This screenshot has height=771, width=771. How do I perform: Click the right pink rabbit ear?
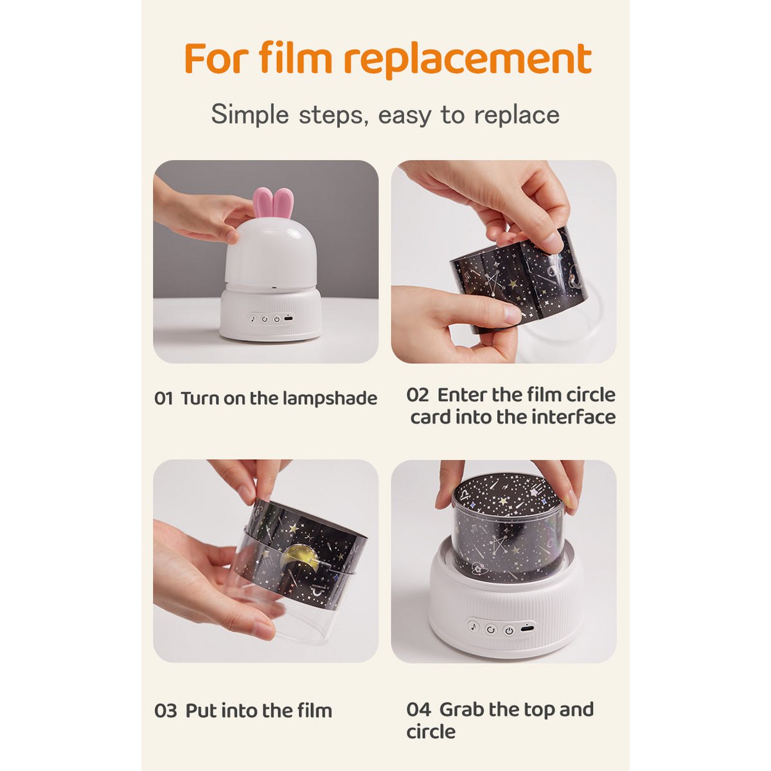coord(283,203)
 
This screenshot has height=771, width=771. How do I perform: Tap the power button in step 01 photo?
coord(276,319)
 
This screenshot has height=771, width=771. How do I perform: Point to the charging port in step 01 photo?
coord(288,319)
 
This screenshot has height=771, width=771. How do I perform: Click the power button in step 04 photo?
coord(509,631)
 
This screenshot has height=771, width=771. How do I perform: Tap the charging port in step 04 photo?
coord(526,628)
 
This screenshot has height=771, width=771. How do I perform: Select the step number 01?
coord(164,398)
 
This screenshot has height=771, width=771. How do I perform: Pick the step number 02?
coord(418,395)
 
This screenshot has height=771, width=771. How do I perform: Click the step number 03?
coord(166,711)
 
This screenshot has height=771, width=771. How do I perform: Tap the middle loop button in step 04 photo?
coord(492,630)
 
